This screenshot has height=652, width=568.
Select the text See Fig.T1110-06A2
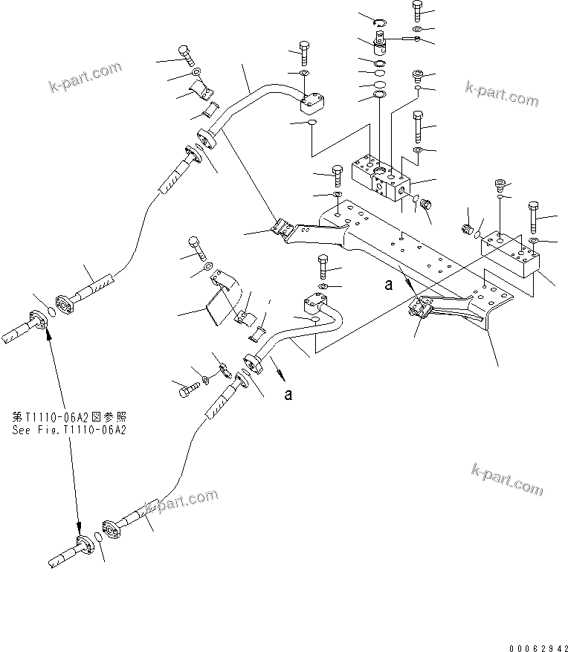(x=69, y=430)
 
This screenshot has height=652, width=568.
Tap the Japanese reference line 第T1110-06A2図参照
(x=69, y=418)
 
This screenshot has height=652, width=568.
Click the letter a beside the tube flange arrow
(x=288, y=395)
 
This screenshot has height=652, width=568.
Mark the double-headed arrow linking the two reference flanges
(x=63, y=431)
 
